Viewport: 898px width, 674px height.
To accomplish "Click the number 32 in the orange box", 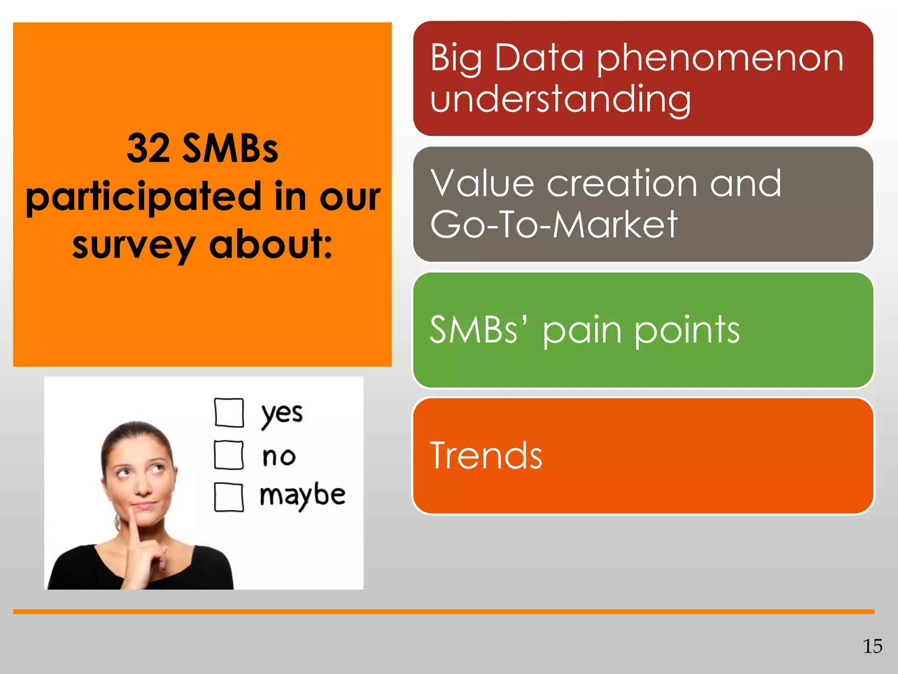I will click(x=148, y=149).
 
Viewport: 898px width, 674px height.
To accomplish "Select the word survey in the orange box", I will click(x=133, y=245).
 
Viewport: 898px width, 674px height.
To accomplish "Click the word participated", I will click(x=144, y=197).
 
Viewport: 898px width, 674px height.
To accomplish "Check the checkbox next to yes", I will click(x=229, y=412).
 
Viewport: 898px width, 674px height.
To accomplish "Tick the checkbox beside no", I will click(x=229, y=455).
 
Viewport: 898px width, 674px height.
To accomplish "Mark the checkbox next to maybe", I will click(x=229, y=497).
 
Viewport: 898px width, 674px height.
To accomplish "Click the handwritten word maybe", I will click(x=303, y=496).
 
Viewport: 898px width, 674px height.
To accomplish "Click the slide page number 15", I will click(x=872, y=646).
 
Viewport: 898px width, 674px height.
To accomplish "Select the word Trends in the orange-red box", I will click(x=486, y=456).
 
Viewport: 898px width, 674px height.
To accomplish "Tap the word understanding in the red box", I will click(x=560, y=99).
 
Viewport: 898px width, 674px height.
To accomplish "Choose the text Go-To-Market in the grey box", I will click(x=553, y=225).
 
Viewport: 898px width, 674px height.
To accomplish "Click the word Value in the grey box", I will click(x=481, y=183).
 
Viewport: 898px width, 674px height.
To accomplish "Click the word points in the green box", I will click(x=687, y=330).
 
